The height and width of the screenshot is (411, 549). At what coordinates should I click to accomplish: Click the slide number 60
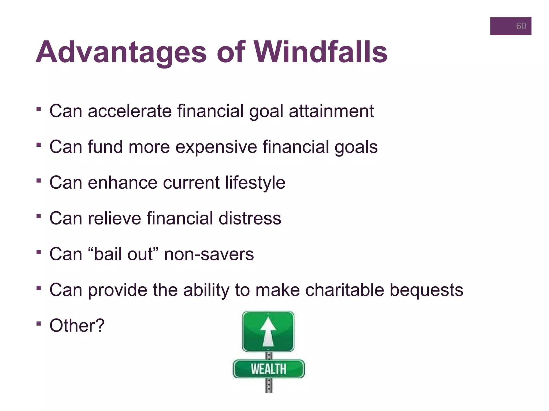(521, 26)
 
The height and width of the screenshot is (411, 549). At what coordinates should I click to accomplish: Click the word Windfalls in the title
(321, 52)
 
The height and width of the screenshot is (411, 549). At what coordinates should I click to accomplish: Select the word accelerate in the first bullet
(130, 111)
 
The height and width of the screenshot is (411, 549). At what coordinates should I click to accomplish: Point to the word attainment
(331, 111)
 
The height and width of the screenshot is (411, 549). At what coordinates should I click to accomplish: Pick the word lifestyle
(255, 183)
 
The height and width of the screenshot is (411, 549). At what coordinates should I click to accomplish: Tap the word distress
(250, 218)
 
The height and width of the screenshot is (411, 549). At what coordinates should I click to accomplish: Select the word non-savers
(209, 254)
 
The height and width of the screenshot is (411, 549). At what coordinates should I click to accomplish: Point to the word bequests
(426, 290)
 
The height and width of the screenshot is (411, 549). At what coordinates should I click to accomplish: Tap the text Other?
(77, 326)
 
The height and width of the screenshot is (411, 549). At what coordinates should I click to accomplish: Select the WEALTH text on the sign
(269, 369)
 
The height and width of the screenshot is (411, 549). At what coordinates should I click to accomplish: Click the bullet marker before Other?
(39, 324)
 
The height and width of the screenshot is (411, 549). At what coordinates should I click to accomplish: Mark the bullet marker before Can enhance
(39, 181)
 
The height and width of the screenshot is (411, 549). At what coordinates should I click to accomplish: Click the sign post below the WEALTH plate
(269, 385)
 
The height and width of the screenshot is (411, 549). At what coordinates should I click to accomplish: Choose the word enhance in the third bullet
(123, 183)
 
